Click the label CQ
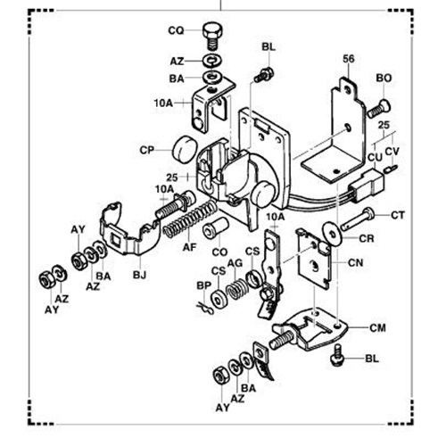coord(176,30)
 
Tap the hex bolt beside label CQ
coord(212,35)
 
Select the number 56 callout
coord(349,60)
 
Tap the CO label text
coord(218,253)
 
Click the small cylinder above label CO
coord(215,230)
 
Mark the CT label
coord(397,215)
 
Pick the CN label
coord(354,262)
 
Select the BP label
coord(202,285)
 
